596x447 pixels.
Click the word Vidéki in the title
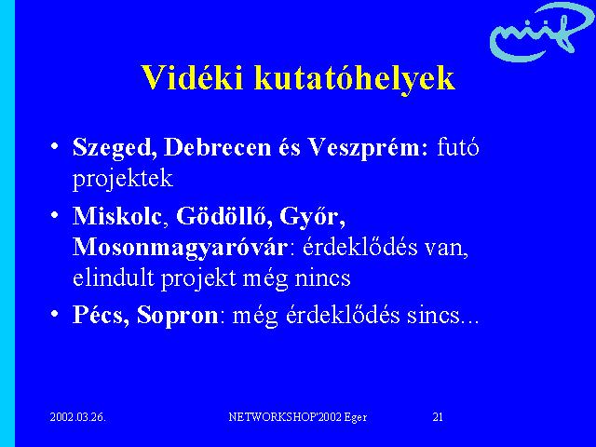[x=192, y=77]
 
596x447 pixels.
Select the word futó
[x=458, y=147]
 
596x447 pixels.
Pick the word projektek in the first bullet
[x=123, y=180]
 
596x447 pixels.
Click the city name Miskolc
[x=117, y=215]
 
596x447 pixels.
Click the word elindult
[x=114, y=278]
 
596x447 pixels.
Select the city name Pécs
[x=101, y=315]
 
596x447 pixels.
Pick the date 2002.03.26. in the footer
[x=78, y=417]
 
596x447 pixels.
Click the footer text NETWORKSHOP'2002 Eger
[x=298, y=417]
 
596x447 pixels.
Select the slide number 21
[x=438, y=417]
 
